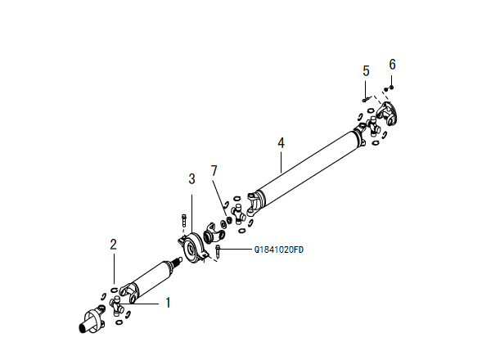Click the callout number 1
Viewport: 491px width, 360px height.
pyautogui.click(x=168, y=302)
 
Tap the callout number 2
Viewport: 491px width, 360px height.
pyautogui.click(x=114, y=244)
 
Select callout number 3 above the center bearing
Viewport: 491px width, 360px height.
pyautogui.click(x=191, y=178)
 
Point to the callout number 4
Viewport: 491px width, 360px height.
pyautogui.click(x=281, y=142)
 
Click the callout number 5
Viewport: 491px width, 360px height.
pyautogui.click(x=366, y=71)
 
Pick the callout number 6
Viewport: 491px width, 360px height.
pyautogui.click(x=392, y=63)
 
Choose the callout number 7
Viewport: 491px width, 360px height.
pyautogui.click(x=214, y=170)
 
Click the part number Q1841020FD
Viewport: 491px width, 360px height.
pyautogui.click(x=279, y=249)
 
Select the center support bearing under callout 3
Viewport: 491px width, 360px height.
pyautogui.click(x=193, y=246)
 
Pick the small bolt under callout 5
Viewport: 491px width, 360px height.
pyautogui.click(x=364, y=99)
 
